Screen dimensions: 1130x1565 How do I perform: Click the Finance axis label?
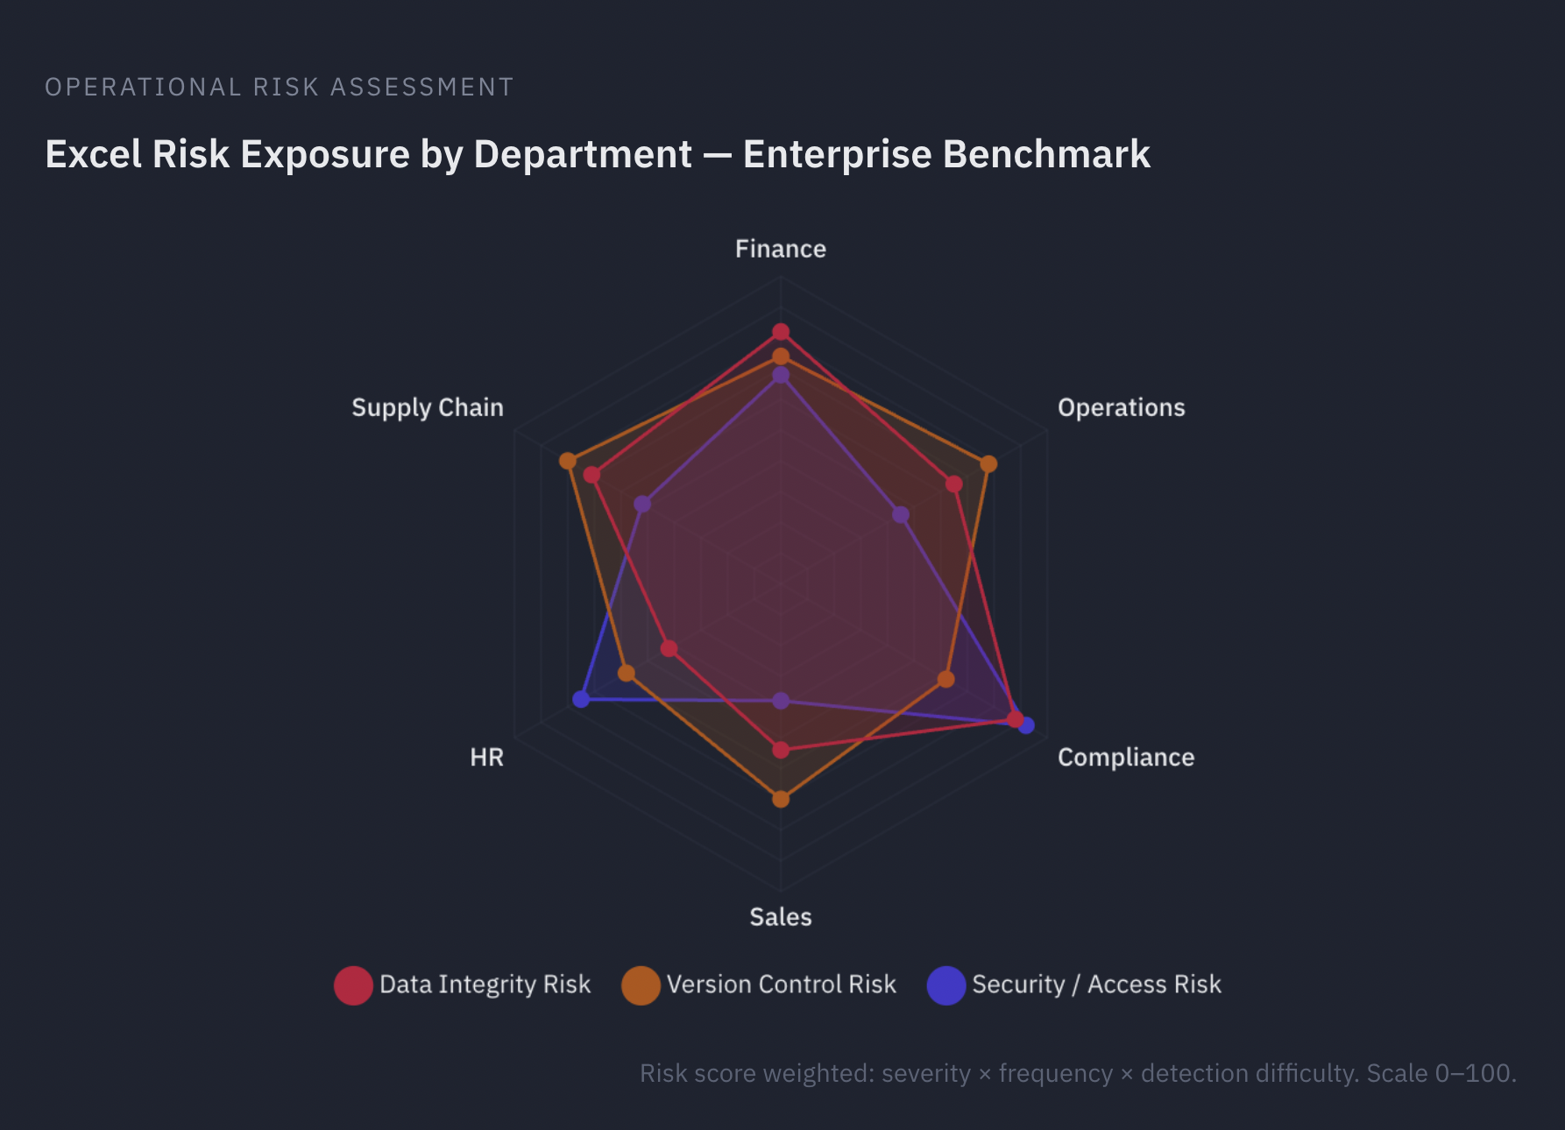click(780, 249)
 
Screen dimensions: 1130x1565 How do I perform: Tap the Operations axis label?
click(1121, 407)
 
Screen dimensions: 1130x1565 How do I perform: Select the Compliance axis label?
click(1125, 757)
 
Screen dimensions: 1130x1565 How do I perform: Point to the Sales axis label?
click(780, 916)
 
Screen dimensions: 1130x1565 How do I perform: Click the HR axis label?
click(486, 757)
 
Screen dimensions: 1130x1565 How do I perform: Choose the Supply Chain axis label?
click(428, 407)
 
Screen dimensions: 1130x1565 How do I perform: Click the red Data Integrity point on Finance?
click(781, 332)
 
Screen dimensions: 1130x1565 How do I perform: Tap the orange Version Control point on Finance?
click(781, 357)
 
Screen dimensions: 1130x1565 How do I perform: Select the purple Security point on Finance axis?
click(781, 376)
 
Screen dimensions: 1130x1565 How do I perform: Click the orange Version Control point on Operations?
click(988, 463)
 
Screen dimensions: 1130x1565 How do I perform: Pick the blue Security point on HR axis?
click(581, 699)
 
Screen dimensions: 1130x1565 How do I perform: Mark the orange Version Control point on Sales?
click(781, 799)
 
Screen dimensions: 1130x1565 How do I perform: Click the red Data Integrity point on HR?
click(669, 648)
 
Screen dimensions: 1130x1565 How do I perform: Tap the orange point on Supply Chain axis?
click(568, 461)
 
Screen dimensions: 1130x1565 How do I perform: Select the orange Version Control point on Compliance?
click(945, 679)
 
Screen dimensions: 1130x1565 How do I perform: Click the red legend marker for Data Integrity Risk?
click(353, 985)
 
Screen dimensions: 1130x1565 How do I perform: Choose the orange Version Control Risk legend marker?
click(641, 985)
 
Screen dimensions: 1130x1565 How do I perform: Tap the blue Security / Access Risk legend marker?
click(946, 985)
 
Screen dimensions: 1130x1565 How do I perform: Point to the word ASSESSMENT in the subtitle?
click(421, 87)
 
